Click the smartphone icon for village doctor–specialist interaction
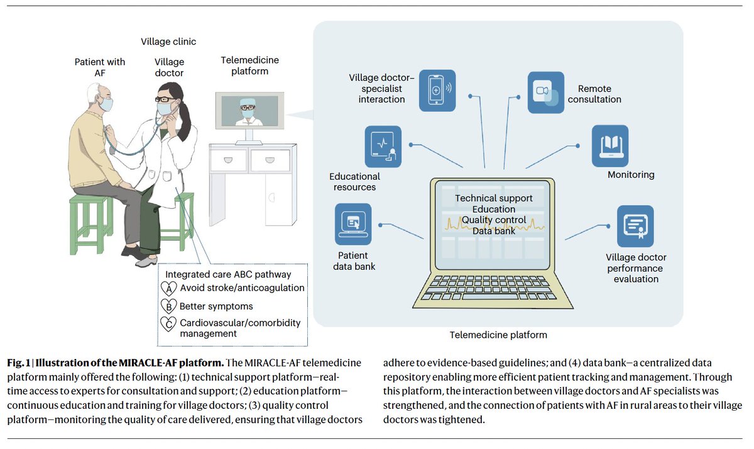coord(437,91)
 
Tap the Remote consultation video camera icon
coord(545,92)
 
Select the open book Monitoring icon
coord(609,146)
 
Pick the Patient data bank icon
coord(352,224)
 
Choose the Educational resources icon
coord(383,146)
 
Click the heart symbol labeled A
coord(168,288)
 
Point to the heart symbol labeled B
coord(168,306)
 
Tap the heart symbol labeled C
coord(168,324)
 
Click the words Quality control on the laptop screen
coord(493,220)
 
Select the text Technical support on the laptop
coord(493,198)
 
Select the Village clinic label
coord(168,42)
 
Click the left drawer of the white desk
coord(229,160)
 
